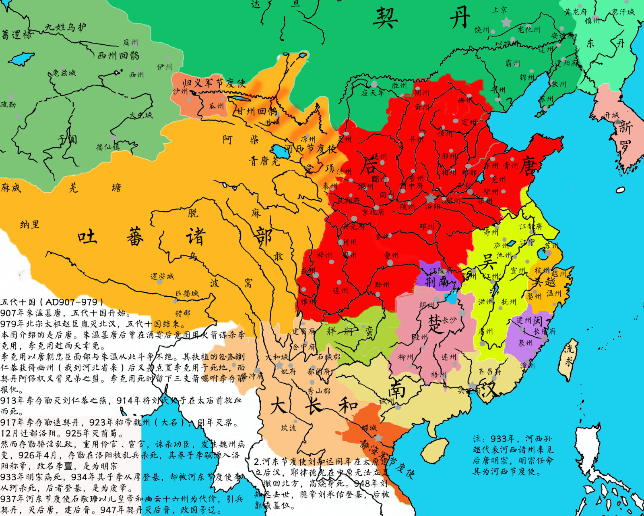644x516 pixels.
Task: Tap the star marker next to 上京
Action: click(x=506, y=22)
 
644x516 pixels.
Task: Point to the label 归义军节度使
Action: click(x=214, y=83)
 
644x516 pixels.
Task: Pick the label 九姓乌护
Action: click(x=65, y=27)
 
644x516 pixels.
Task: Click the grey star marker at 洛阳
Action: click(x=430, y=198)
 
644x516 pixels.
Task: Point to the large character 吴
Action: click(x=487, y=262)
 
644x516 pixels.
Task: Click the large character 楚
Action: click(x=435, y=323)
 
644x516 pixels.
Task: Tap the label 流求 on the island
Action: click(x=569, y=355)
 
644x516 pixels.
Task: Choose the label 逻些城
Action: click(x=162, y=276)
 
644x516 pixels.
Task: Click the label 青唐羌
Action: click(x=264, y=161)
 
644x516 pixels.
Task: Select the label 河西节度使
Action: click(x=310, y=148)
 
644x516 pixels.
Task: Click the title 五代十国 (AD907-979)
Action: click(x=52, y=302)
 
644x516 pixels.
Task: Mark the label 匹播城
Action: click(x=187, y=293)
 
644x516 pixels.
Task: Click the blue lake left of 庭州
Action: click(x=22, y=59)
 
